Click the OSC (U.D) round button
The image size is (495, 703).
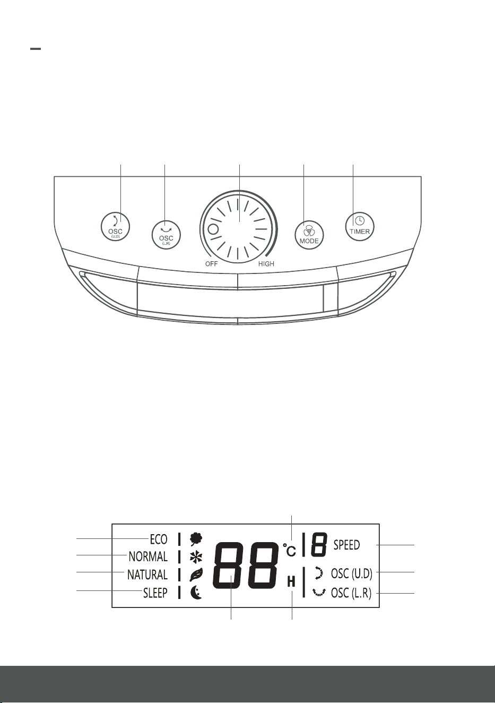click(116, 227)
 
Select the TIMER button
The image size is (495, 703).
click(360, 226)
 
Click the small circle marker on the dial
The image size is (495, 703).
click(213, 230)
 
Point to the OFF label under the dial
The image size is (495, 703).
click(212, 264)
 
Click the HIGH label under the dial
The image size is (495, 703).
click(266, 264)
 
